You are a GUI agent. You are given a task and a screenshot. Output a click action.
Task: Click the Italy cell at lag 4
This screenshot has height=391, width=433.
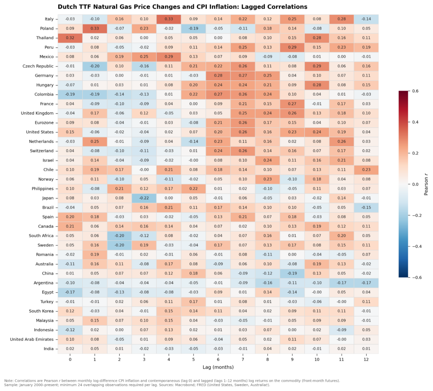point(169,19)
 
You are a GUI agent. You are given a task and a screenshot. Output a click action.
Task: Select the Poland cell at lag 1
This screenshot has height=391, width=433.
point(95,28)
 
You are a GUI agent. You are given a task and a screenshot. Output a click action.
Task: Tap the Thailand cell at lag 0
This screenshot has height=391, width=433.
point(70,38)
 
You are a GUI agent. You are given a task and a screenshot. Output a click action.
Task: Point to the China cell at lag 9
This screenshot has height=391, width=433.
point(292,273)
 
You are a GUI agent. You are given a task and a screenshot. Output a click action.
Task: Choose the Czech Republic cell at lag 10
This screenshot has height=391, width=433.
point(317,66)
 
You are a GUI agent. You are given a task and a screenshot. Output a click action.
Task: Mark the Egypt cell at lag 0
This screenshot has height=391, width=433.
point(70,292)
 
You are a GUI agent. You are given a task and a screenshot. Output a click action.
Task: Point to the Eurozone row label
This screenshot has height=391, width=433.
point(44,123)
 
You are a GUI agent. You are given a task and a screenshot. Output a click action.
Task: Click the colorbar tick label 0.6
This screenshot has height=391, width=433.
point(415,91)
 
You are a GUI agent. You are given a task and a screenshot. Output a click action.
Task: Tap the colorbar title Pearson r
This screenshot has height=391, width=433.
point(426,184)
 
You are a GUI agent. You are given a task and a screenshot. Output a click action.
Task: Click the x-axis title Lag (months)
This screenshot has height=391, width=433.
point(218,367)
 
